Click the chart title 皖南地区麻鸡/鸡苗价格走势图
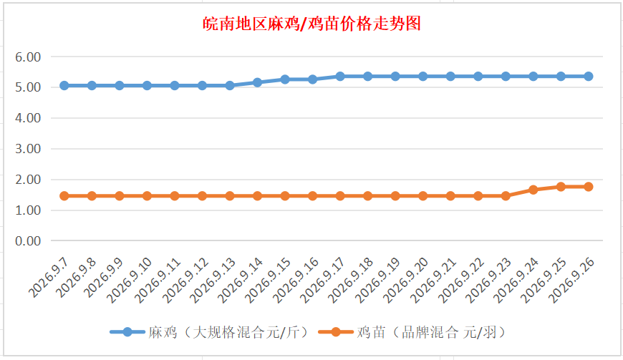311,24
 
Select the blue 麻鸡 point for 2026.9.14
257,82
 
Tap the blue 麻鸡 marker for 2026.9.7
64,85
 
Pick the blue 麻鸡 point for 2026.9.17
340,76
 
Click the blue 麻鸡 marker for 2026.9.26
589,76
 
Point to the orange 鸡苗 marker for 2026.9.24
533,190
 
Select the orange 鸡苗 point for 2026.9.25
561,187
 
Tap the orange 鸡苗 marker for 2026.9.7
64,195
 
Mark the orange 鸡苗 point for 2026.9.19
395,195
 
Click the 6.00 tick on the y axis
28,57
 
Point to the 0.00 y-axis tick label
28,241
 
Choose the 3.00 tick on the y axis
28,149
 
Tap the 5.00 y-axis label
28,87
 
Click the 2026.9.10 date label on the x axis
130,280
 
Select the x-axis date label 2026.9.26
571,280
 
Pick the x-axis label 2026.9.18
350,280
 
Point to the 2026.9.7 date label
49,278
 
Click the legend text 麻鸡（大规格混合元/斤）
228,332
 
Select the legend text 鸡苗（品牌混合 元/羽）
431,332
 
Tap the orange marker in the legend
336,332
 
